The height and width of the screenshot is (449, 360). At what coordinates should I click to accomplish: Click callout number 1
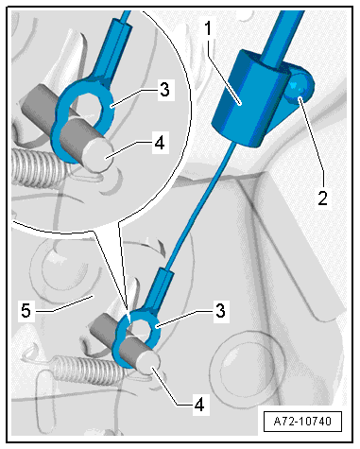click(x=208, y=29)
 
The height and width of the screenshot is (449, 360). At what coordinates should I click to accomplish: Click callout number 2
click(x=322, y=199)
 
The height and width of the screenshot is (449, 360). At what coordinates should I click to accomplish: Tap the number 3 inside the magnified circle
click(x=164, y=89)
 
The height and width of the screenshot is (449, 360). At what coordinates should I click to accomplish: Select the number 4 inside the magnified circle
click(x=160, y=142)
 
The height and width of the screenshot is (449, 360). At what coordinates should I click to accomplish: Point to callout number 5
click(x=26, y=310)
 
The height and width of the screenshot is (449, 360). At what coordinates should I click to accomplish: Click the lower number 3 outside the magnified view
click(x=220, y=310)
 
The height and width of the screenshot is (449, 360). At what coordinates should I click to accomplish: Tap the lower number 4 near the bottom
click(x=199, y=404)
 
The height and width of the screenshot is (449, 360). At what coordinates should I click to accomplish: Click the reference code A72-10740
click(x=302, y=422)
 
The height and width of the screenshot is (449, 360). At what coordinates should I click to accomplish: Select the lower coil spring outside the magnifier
click(x=88, y=370)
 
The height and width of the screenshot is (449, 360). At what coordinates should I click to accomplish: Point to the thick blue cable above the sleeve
click(x=282, y=36)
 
